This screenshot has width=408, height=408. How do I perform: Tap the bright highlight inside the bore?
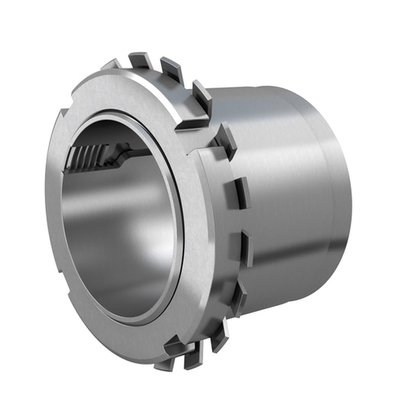143,245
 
